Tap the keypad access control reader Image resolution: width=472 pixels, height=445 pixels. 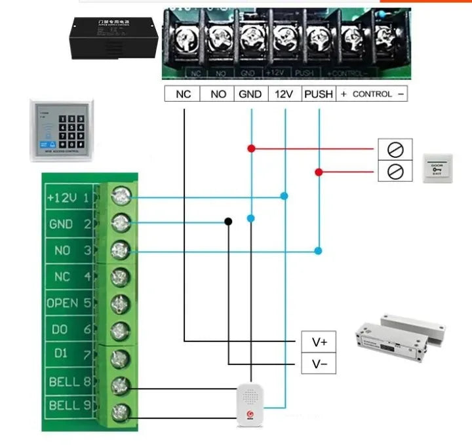click(x=61, y=130)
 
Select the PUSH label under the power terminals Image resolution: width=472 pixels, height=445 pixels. click(x=319, y=94)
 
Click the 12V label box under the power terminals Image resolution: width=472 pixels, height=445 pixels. click(x=284, y=94)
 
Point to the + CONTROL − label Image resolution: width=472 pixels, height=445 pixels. click(x=372, y=94)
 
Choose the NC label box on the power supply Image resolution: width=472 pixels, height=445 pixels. click(x=183, y=94)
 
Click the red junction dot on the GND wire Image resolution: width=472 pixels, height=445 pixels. click(x=251, y=148)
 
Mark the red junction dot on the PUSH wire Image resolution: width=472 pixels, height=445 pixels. click(x=319, y=172)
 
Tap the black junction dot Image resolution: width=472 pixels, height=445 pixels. click(x=228, y=222)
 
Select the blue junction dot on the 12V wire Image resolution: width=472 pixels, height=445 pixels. click(x=285, y=196)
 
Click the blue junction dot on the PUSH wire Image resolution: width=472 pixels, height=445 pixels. click(x=318, y=250)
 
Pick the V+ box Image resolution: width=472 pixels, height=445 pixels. click(x=319, y=341)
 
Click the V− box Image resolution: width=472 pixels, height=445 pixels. click(x=319, y=364)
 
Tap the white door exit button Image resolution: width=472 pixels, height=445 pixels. click(x=439, y=168)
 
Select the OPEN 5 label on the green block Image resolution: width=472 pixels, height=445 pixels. click(x=68, y=303)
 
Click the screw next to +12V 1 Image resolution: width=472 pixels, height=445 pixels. click(x=121, y=196)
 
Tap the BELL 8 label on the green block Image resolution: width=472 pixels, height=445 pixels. click(x=68, y=381)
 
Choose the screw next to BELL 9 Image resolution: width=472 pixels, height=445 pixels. click(x=121, y=412)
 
